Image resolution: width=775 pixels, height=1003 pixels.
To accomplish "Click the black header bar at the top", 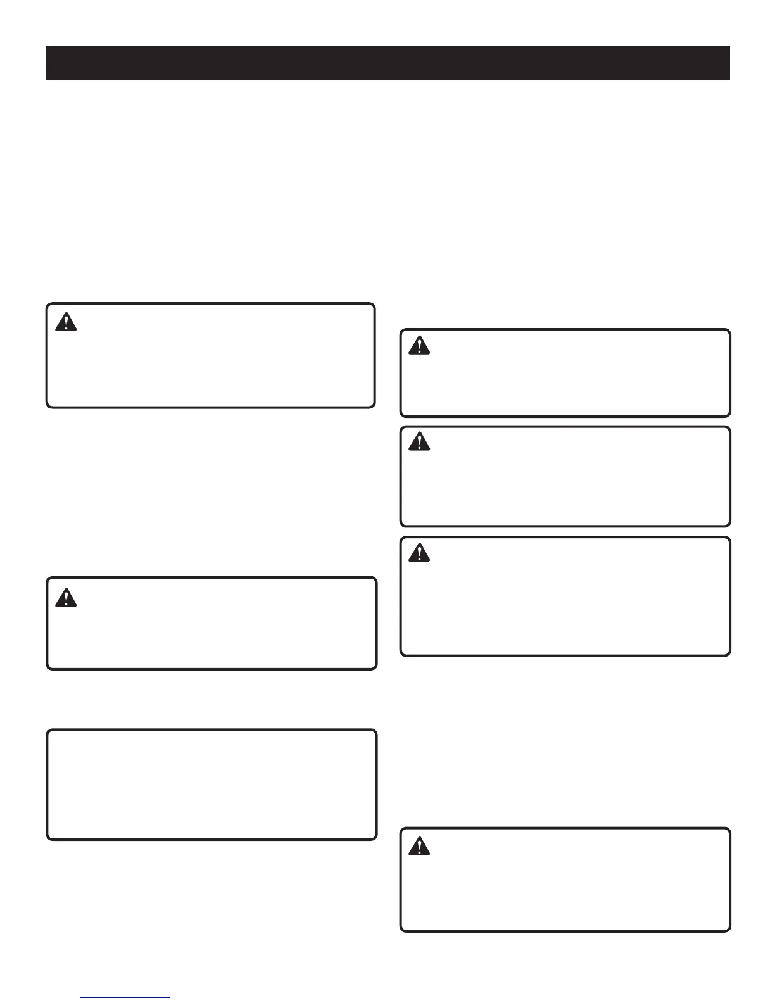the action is (387, 63).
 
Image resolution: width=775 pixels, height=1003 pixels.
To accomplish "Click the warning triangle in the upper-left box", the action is (66, 322).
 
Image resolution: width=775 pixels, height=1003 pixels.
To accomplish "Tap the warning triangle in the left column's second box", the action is (66, 597).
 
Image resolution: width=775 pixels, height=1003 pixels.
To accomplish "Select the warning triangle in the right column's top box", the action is (419, 346).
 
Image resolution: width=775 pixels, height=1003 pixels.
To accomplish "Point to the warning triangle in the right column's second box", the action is (419, 441).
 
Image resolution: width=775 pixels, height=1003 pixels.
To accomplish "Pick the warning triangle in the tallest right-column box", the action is (419, 553).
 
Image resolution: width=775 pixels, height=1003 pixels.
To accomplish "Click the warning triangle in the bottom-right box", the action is (419, 846).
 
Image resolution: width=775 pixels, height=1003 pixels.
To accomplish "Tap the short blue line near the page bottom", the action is (125, 998).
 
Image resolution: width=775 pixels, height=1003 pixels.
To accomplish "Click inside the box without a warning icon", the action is (211, 785).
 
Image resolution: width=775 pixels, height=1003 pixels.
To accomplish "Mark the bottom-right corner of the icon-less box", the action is (375, 838).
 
